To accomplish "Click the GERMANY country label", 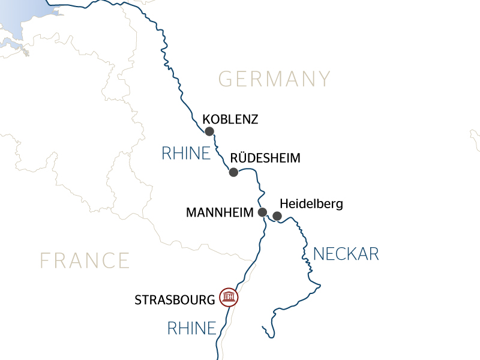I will tap(274, 79).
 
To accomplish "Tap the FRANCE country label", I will tap(85, 260).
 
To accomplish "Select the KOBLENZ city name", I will tap(230, 119).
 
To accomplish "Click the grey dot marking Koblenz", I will tap(209, 131).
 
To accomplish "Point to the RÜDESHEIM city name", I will tap(265, 158).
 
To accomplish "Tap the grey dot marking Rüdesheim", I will tap(233, 172).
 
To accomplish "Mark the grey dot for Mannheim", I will tap(262, 212).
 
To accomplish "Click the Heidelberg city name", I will tap(311, 204).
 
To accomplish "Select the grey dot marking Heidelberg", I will tap(277, 216).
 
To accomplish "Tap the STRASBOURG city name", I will tap(175, 299).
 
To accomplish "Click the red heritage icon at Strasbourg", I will tap(229, 297).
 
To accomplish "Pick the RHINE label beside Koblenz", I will tap(186, 154).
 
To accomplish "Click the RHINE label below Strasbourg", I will tap(191, 328).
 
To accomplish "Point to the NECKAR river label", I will tap(346, 254).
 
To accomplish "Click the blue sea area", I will tap(24, 15).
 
